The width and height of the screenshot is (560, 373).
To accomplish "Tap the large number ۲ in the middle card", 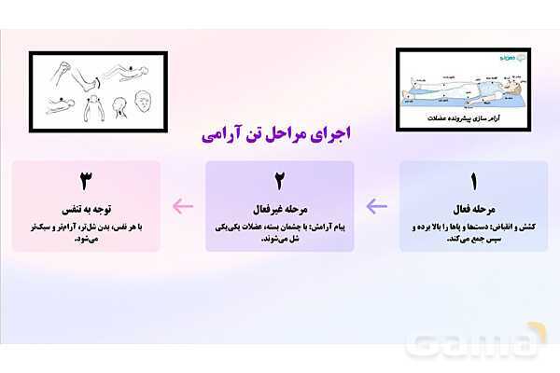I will pyautogui.click(x=279, y=180).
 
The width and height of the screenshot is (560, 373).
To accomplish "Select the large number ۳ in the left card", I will pyautogui.click(x=86, y=180).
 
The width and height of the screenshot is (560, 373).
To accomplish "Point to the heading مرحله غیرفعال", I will pyautogui.click(x=279, y=208).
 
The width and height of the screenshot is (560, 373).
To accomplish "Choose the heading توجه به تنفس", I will pyautogui.click(x=86, y=208).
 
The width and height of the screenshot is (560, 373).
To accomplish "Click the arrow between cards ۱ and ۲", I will pyautogui.click(x=376, y=206).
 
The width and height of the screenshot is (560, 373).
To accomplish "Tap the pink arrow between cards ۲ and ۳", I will pyautogui.click(x=183, y=206).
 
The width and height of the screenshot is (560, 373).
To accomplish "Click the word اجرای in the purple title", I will pyautogui.click(x=334, y=133).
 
